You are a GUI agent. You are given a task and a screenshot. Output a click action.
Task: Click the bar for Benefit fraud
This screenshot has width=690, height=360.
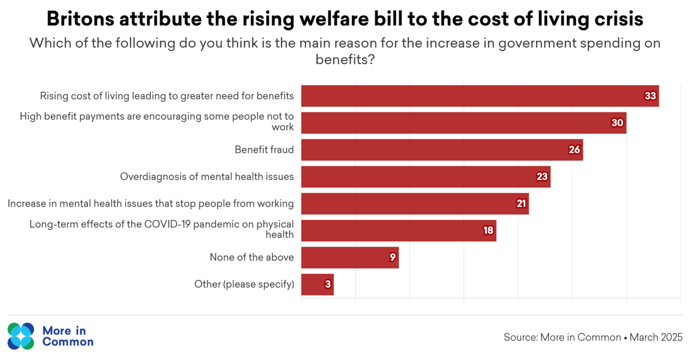(441, 150)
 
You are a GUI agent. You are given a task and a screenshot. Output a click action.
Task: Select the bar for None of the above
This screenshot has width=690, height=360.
(349, 258)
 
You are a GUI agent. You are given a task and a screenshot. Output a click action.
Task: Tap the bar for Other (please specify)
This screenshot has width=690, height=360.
(317, 284)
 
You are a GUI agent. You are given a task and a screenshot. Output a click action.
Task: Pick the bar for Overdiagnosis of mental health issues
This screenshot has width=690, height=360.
(425, 177)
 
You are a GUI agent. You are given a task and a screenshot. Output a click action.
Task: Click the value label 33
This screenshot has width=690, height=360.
(650, 96)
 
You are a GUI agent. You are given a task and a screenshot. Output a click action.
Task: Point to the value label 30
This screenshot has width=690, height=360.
(617, 123)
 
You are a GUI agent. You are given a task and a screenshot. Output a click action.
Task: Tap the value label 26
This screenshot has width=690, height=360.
(574, 150)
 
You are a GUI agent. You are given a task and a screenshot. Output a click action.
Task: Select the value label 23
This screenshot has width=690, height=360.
(542, 177)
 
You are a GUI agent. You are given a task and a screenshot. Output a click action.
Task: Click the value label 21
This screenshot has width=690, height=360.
(521, 204)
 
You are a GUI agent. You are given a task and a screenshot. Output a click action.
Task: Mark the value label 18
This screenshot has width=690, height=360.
(488, 231)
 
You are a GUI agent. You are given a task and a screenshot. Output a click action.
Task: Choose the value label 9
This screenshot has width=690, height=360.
(392, 258)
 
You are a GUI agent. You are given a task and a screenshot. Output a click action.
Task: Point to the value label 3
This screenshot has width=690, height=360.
(328, 284)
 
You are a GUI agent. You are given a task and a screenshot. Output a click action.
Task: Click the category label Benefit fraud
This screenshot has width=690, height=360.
(264, 150)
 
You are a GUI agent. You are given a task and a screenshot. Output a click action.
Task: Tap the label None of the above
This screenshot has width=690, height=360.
(251, 258)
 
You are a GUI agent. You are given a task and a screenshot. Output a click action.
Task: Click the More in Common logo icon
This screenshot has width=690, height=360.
(21, 336)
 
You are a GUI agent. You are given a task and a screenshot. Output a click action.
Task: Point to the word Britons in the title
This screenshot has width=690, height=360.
(80, 19)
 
